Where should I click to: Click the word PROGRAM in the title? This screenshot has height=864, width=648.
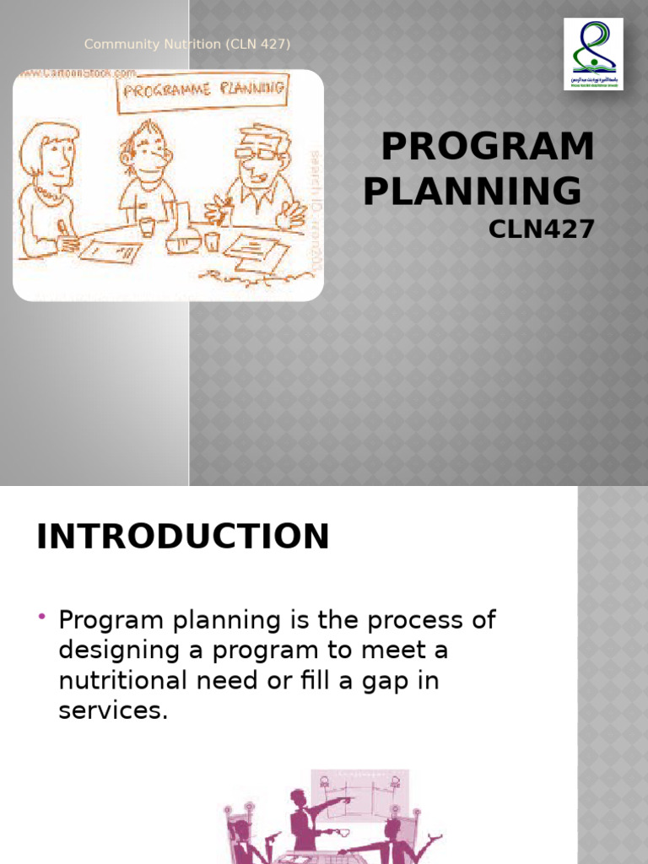click(x=488, y=148)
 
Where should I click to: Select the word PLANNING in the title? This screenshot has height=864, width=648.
click(x=472, y=192)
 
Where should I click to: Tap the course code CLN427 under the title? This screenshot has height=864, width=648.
click(x=542, y=228)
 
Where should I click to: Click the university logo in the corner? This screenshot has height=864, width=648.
click(x=593, y=53)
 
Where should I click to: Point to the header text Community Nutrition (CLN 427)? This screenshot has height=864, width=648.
click(x=187, y=45)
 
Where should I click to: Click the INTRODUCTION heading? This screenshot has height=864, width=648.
click(x=182, y=537)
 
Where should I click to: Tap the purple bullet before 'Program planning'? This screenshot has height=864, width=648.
click(x=41, y=620)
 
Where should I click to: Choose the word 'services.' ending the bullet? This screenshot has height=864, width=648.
click(x=113, y=710)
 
